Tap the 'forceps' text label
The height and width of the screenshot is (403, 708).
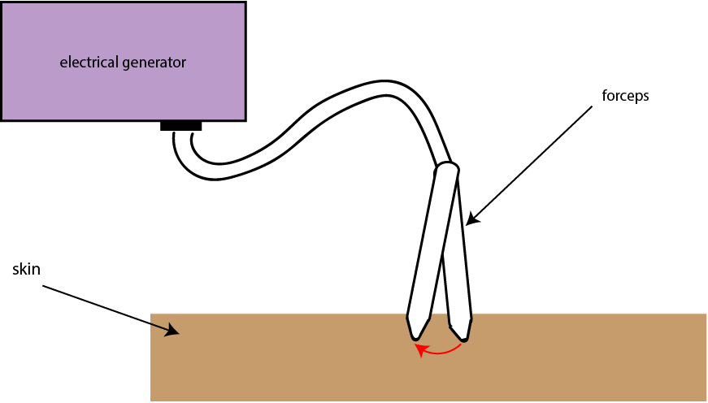[625, 96]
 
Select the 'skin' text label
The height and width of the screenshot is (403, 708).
[26, 269]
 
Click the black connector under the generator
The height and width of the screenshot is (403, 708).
[180, 126]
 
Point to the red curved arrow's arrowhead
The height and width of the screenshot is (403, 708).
[421, 349]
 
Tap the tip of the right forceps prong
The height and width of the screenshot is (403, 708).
[463, 340]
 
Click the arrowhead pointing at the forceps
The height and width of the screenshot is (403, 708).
[471, 219]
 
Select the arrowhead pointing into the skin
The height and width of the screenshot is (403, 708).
[173, 330]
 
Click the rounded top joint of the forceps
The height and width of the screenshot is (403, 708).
[447, 169]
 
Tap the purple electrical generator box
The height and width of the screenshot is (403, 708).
[124, 62]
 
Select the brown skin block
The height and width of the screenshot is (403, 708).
[428, 357]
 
